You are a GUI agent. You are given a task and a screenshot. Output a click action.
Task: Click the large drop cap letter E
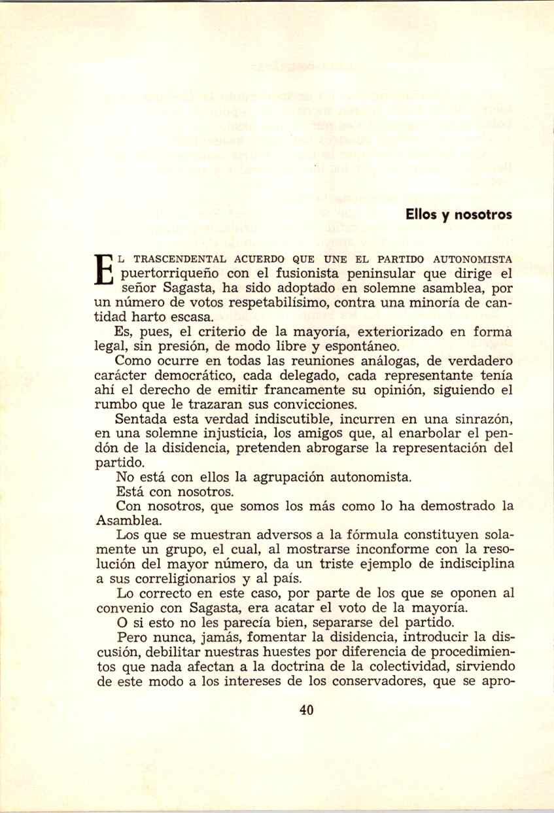tap(105, 267)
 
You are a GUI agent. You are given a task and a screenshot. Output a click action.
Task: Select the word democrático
tap(186, 375)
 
